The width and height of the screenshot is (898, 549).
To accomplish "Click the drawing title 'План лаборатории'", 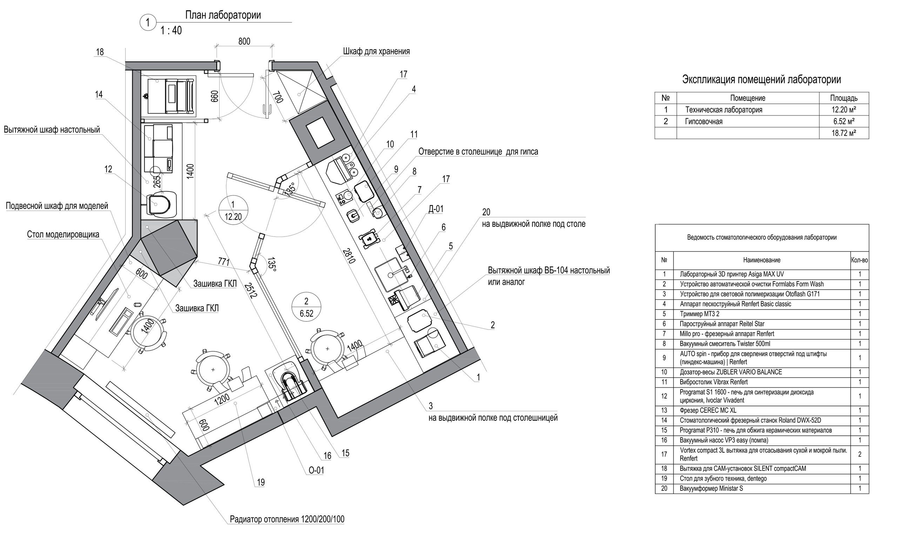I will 223,15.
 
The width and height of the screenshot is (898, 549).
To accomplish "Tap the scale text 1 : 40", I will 171,30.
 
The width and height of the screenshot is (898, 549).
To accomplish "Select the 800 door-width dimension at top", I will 244,41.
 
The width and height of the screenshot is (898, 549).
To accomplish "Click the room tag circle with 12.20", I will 233,211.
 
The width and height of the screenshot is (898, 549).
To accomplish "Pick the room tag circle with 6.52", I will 306,307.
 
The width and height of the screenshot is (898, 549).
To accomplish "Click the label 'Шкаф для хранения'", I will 376,52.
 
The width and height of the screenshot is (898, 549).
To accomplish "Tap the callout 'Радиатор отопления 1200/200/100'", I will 287,519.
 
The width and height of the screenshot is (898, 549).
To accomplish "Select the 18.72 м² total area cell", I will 843,133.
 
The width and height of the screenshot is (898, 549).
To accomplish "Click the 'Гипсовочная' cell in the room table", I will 703,122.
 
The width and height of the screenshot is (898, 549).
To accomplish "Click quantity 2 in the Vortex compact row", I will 859,454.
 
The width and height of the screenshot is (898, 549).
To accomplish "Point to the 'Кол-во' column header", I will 859,260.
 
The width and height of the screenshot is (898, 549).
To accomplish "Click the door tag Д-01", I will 436,209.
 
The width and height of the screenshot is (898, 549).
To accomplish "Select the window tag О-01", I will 316,470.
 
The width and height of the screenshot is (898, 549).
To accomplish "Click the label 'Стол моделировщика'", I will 63,235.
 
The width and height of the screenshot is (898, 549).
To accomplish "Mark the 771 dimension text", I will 224,262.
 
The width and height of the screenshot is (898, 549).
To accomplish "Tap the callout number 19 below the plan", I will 261,483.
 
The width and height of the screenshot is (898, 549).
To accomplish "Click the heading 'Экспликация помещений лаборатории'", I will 761,80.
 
